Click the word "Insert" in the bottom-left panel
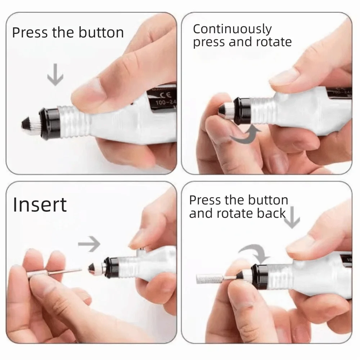[40, 204]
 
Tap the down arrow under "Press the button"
[55, 75]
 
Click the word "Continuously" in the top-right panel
[232, 29]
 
